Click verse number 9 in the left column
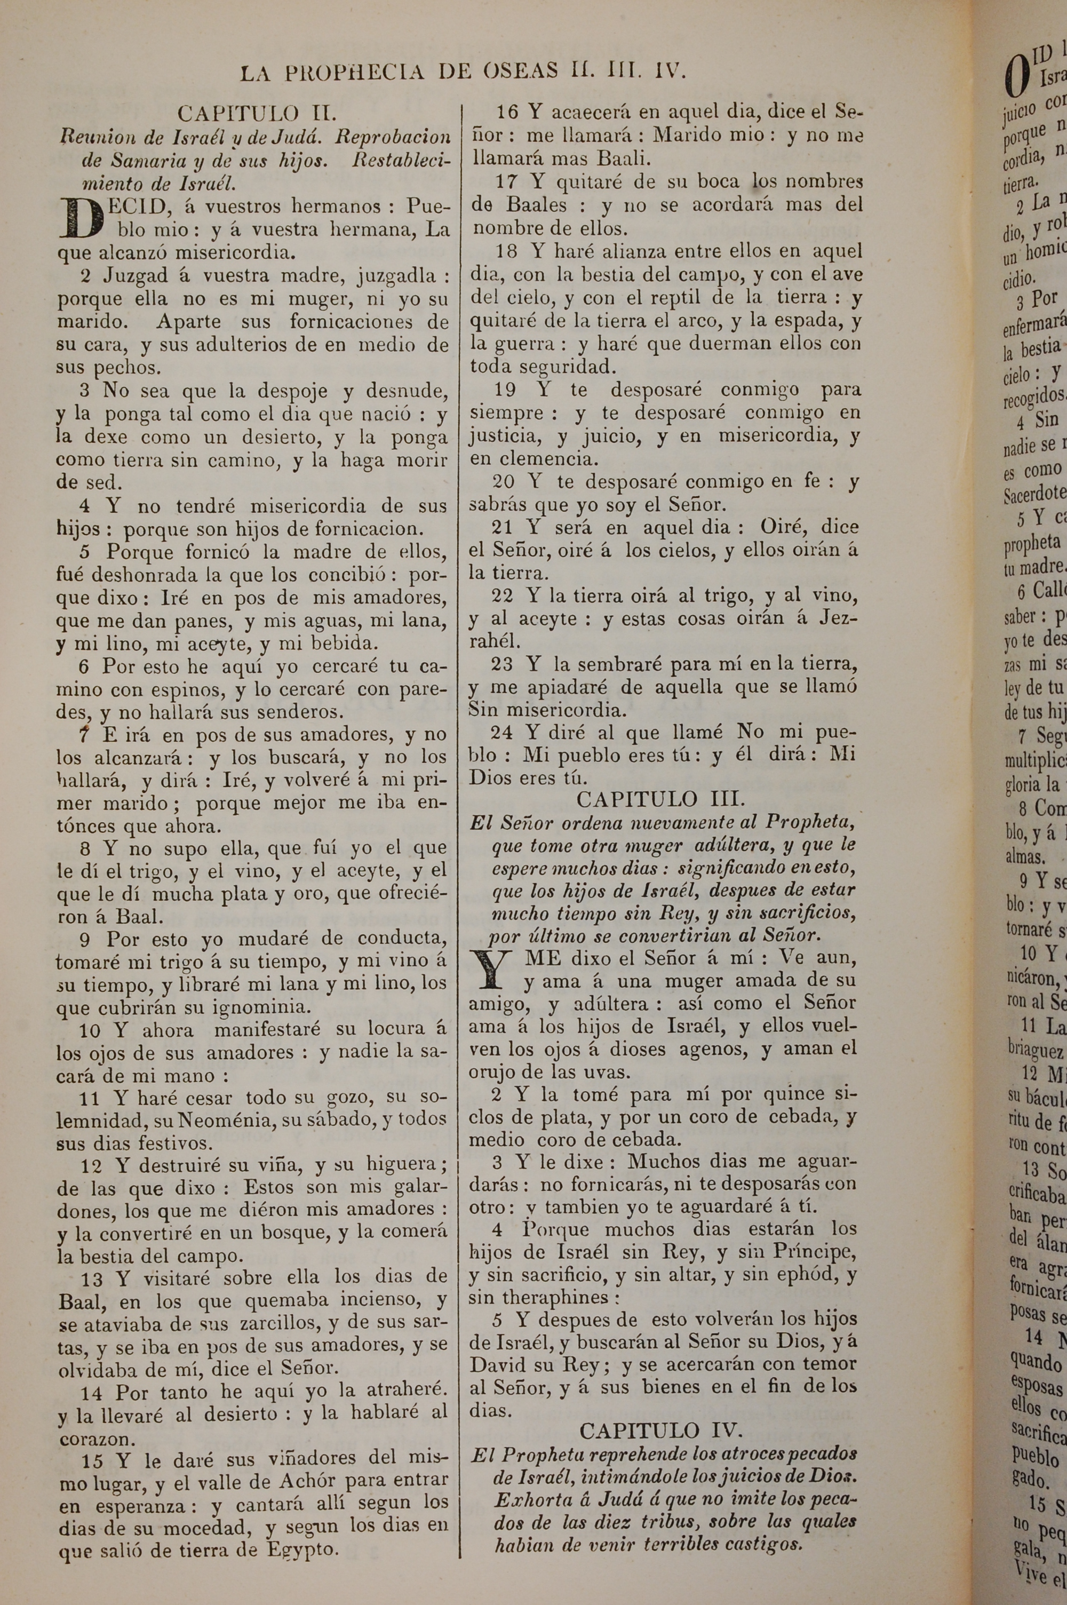[x=86, y=940]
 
